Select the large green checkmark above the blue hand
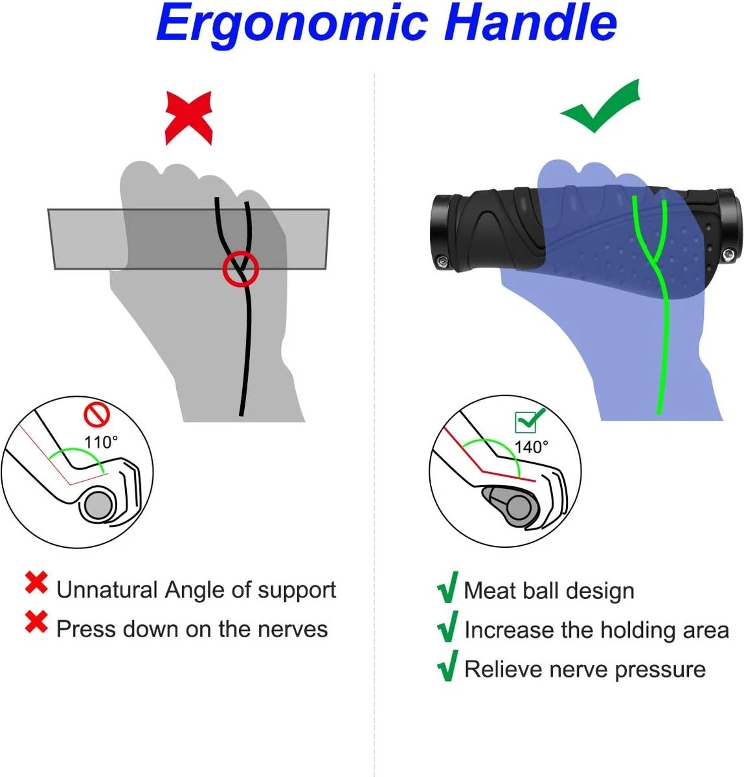coord(600,107)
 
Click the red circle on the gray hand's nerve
coord(240,268)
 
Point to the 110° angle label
coord(101,442)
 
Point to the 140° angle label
coord(531,447)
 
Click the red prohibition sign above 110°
coord(97,415)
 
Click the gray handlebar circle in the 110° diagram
coord(98,506)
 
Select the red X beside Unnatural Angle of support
coord(36,583)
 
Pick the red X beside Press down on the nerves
coord(36,622)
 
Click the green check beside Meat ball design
coord(447,587)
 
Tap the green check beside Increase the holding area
coord(447,627)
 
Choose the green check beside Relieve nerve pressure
coord(447,666)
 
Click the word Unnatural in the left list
coord(107,590)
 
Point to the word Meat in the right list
coord(490,591)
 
